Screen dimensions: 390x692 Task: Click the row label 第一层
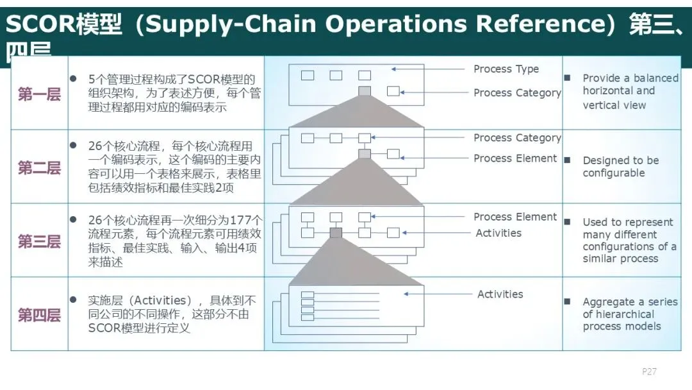coord(39,95)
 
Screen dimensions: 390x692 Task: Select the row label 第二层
coord(39,168)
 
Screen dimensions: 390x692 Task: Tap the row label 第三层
coord(39,241)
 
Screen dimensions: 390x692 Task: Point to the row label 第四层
coord(39,315)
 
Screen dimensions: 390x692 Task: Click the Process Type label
coord(506,69)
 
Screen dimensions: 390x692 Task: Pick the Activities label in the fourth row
coord(500,294)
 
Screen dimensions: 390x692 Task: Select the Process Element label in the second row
coord(515,158)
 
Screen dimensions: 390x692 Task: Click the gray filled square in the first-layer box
coord(365,91)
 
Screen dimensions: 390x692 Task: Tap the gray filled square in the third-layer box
coord(336,233)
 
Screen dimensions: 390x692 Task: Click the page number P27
coord(649,371)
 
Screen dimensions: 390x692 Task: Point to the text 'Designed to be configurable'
coord(620,167)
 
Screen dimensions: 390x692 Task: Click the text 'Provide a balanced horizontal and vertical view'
coord(630,91)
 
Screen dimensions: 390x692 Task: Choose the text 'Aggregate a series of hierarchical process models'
coord(629,314)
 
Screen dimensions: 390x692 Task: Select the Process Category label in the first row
coord(516,93)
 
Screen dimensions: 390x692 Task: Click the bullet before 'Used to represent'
coord(567,221)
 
